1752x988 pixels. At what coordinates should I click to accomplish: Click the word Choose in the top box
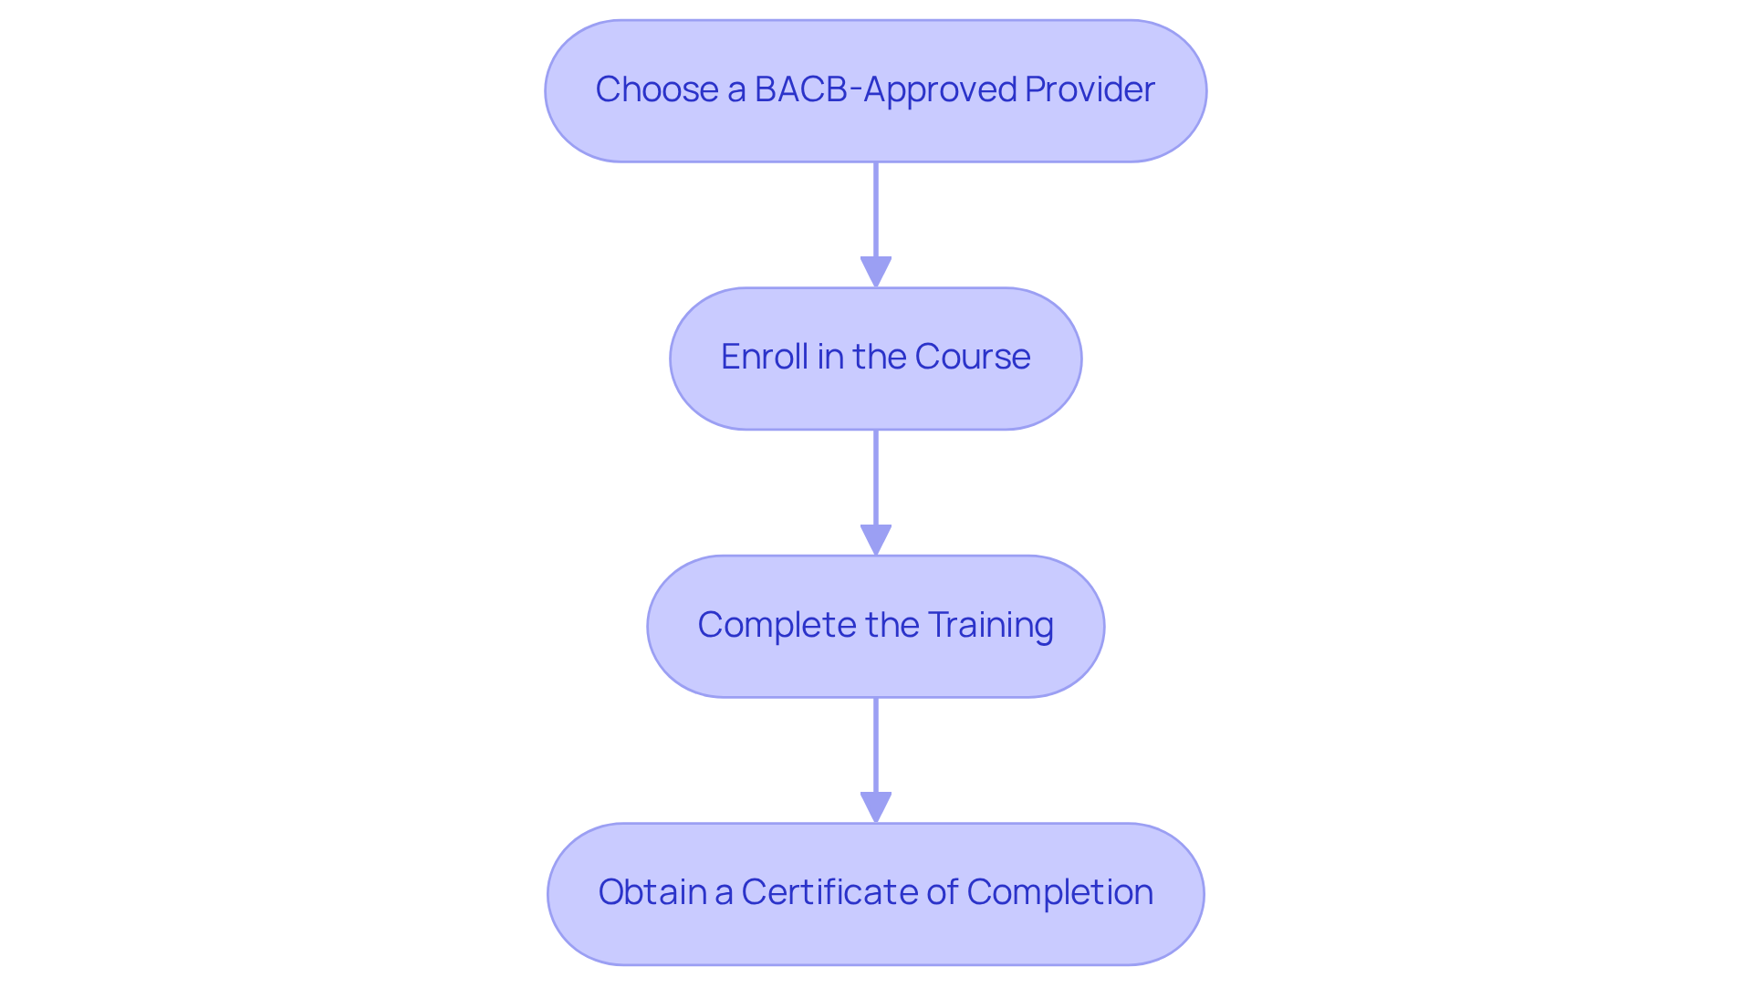tap(656, 89)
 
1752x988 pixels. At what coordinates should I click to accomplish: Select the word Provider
tap(1090, 89)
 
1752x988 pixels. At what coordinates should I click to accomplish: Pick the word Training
tap(990, 625)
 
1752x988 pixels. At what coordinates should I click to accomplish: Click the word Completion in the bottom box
tap(1059, 892)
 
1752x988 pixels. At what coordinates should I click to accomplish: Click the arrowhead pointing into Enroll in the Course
tap(876, 272)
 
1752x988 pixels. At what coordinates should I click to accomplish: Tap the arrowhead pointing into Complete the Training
tap(876, 540)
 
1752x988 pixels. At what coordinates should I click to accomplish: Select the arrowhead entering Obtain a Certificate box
tap(876, 807)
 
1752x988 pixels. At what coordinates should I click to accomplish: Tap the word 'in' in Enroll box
tap(829, 357)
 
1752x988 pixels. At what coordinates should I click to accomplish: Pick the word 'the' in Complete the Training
tap(892, 625)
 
